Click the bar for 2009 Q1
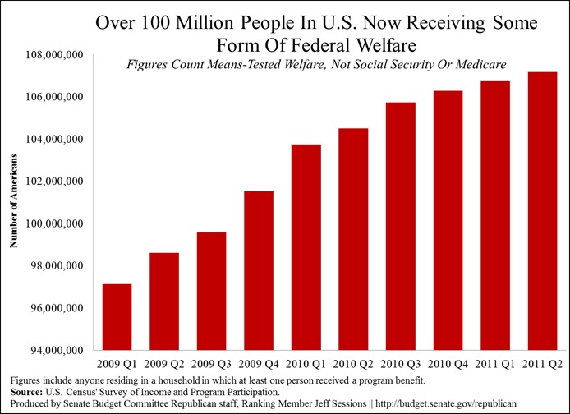pos(117,317)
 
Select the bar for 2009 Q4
pos(258,270)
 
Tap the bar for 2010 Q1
pos(306,247)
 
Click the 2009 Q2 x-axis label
pos(163,362)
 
